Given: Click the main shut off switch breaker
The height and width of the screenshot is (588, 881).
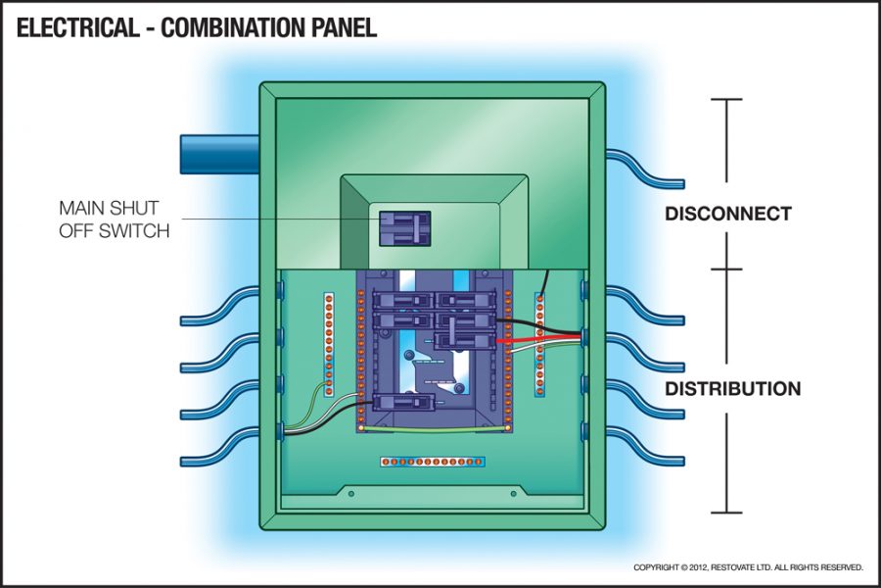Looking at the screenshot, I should coord(404,227).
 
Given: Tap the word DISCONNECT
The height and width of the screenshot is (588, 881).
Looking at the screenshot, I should coord(727,215).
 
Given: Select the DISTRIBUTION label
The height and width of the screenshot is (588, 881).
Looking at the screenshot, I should coord(732,389).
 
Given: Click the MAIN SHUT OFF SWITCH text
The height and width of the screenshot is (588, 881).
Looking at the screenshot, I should coord(115,220).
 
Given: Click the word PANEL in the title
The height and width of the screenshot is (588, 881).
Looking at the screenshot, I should coord(339,28).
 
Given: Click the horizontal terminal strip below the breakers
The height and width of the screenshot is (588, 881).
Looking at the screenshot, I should coord(433,460).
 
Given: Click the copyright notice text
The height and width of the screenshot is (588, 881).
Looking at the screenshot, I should coord(748,567).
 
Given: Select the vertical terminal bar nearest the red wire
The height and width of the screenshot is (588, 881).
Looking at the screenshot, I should coord(539,343).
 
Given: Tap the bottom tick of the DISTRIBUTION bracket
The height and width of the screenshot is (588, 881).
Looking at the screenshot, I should coord(725,512).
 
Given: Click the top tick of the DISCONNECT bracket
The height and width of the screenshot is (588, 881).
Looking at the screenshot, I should coord(725,99).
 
